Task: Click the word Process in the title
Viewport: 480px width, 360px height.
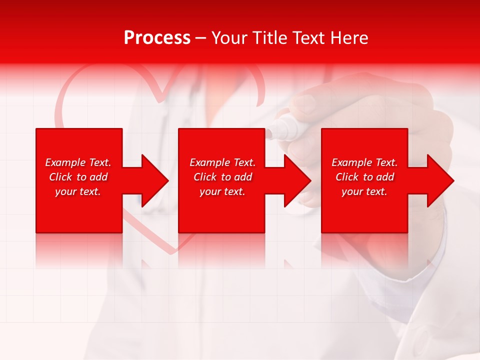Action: (157, 38)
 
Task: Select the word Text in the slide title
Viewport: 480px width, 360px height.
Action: (308, 38)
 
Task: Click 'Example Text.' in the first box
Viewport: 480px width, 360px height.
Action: (78, 162)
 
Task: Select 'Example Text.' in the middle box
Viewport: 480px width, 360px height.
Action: (222, 162)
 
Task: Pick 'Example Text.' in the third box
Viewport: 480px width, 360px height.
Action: (364, 162)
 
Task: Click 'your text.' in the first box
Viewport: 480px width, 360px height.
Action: (78, 191)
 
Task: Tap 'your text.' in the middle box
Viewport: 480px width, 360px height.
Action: (222, 191)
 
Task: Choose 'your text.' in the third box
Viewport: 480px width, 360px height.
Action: (364, 191)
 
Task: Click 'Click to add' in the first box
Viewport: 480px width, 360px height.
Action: (78, 177)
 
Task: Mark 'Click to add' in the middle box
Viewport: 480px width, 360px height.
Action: (222, 177)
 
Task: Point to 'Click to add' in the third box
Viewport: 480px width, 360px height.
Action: (364, 177)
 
